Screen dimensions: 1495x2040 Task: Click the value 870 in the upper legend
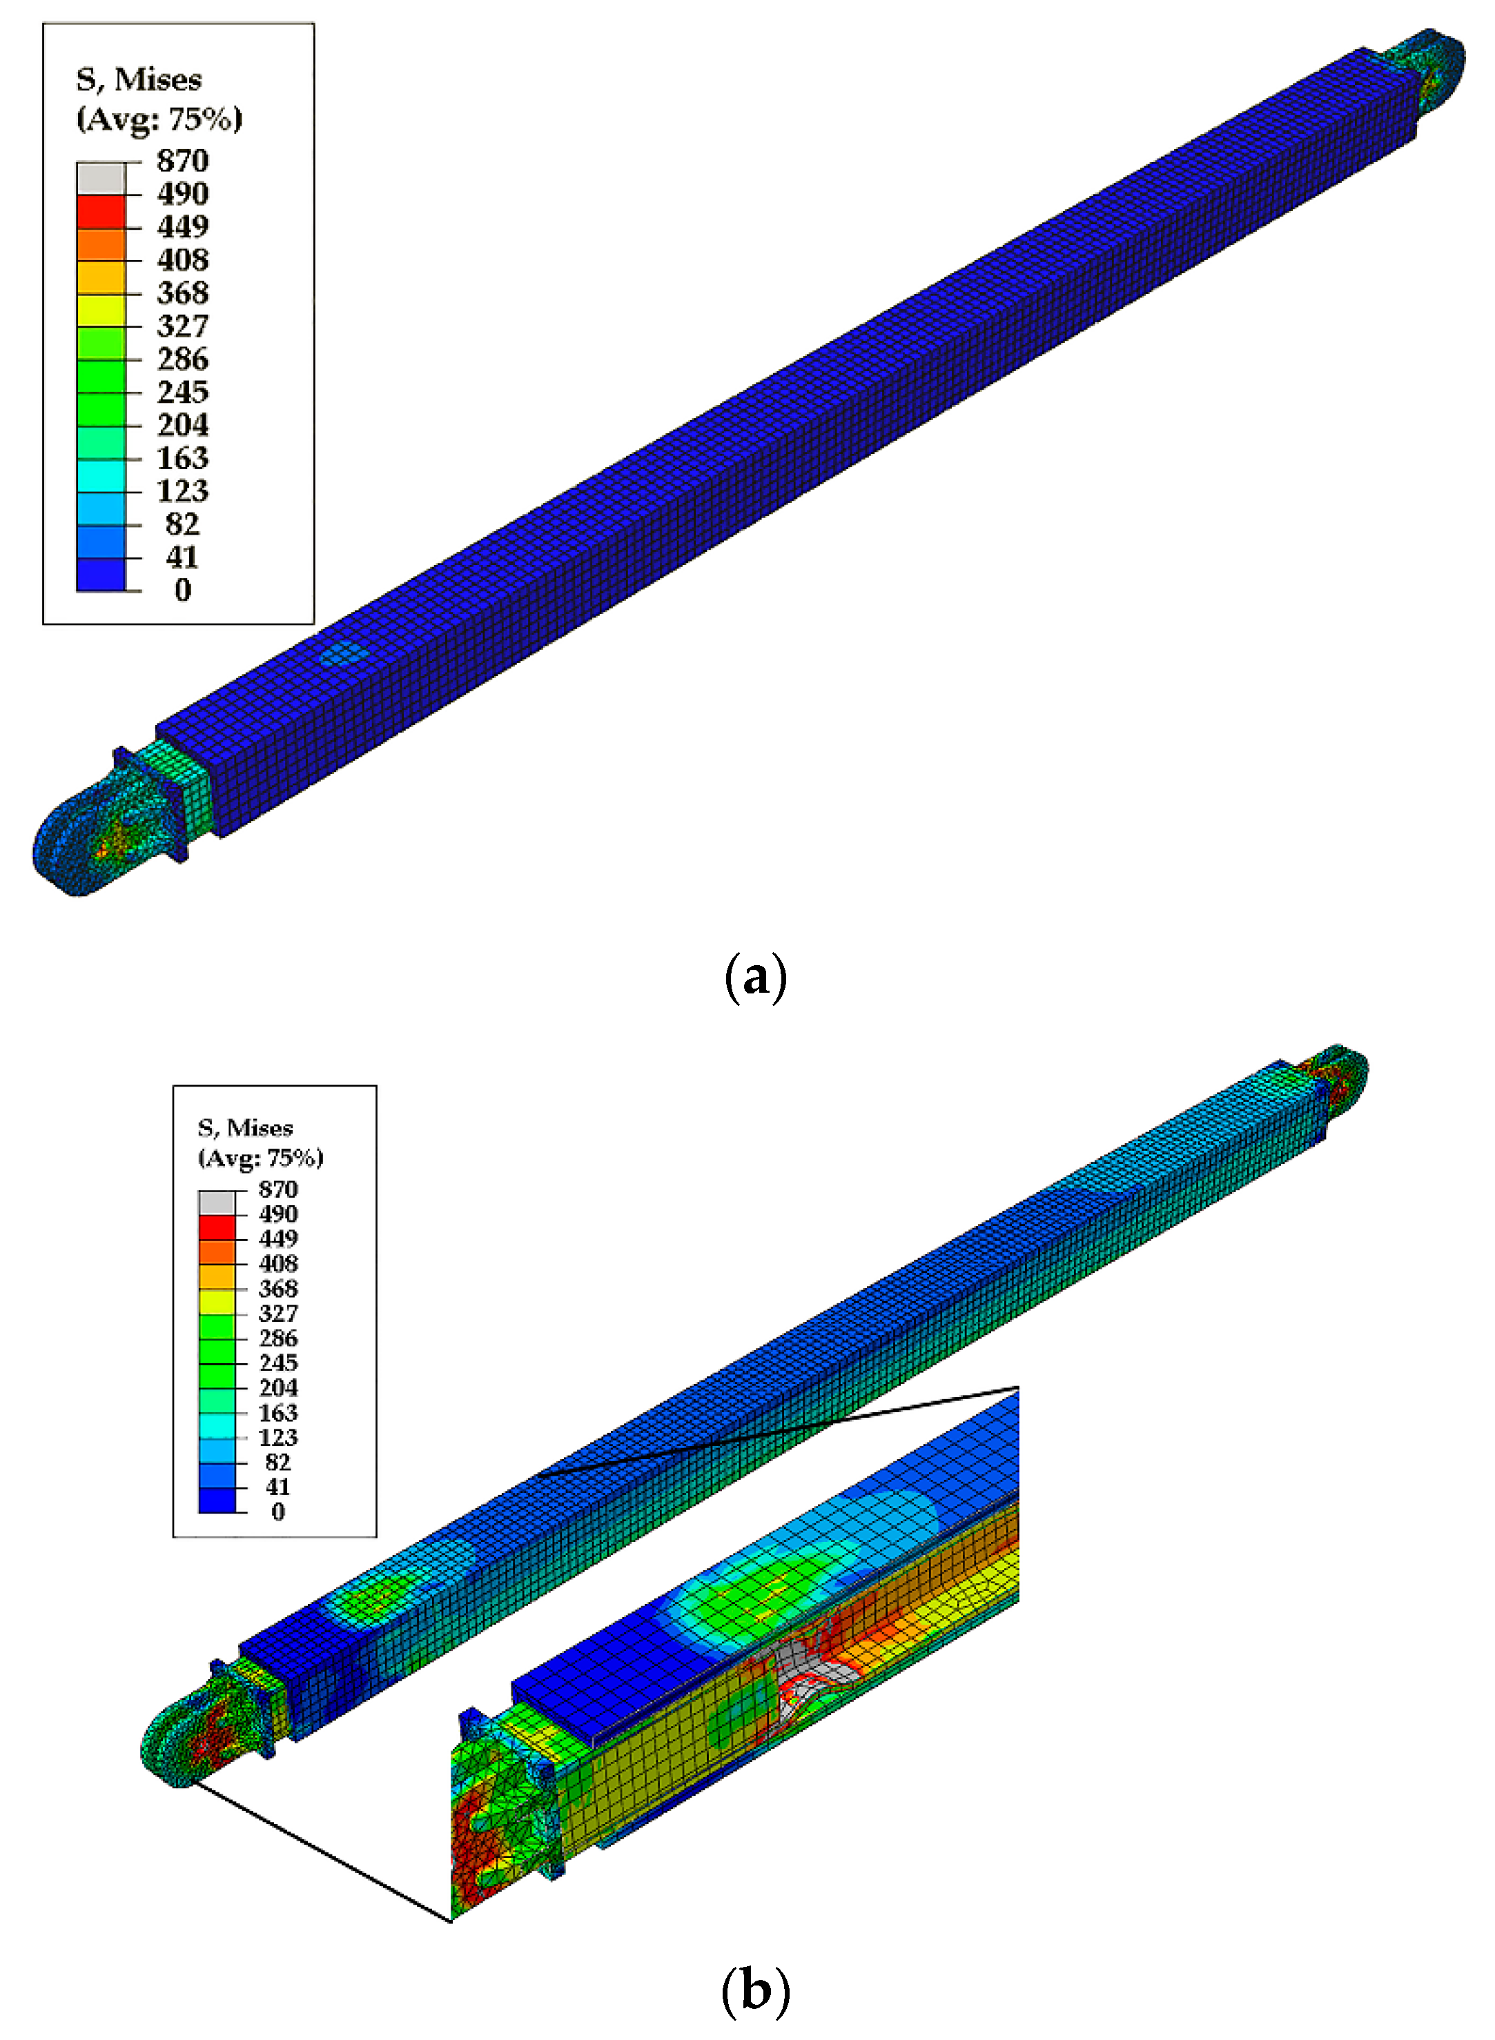tap(183, 161)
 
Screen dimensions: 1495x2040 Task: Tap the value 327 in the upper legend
tap(183, 326)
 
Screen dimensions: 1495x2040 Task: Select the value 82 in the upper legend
tap(183, 524)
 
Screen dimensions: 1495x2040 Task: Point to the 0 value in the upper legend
tap(183, 590)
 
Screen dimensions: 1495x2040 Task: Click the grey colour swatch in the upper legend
tap(101, 177)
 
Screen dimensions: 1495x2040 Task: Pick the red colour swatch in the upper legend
tap(101, 211)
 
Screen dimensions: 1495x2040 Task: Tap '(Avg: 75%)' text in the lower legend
tap(261, 1158)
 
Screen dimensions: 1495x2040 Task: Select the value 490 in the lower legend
tap(278, 1214)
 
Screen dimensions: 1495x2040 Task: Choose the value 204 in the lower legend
tap(278, 1388)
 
